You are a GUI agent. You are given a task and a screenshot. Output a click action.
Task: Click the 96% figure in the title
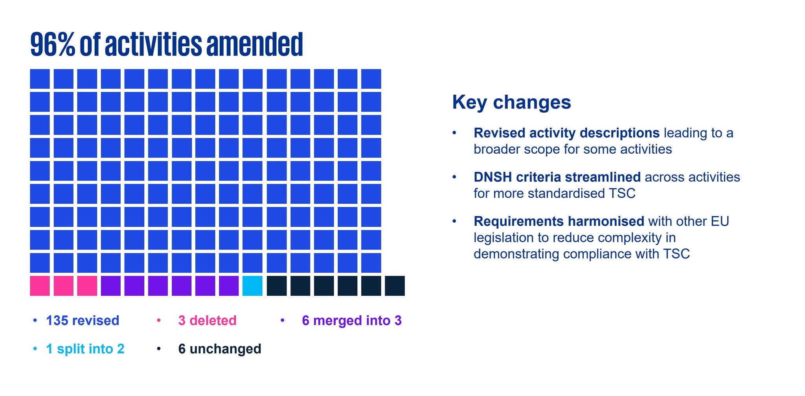pos(53,44)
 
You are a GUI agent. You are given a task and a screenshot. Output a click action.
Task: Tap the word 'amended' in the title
pos(255,44)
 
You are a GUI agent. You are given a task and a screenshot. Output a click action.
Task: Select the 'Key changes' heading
pos(511,102)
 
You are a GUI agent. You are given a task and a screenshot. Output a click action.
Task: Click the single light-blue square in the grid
pos(252,286)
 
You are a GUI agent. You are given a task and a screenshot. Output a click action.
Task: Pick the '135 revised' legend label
pos(83,321)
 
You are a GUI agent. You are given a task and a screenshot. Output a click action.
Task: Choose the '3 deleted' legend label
pos(207,321)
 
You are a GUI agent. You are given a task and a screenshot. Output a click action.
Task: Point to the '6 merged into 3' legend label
pos(352,321)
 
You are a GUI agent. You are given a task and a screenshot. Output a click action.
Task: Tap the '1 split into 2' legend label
pos(85,349)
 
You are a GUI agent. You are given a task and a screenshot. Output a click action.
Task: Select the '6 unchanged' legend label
pos(220,349)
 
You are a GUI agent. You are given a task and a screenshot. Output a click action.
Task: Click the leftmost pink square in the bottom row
pos(40,286)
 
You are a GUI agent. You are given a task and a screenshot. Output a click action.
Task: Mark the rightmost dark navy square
pos(395,286)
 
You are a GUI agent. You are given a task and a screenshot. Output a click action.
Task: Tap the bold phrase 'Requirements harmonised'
pos(559,221)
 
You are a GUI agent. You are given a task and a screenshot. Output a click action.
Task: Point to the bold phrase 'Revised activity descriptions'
pos(566,133)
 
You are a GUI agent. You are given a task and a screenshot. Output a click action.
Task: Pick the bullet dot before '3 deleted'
pos(159,321)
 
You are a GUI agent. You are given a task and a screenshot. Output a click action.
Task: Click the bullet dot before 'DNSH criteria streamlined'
pos(454,177)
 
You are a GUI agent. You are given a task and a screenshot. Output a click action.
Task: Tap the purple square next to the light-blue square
pos(229,286)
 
